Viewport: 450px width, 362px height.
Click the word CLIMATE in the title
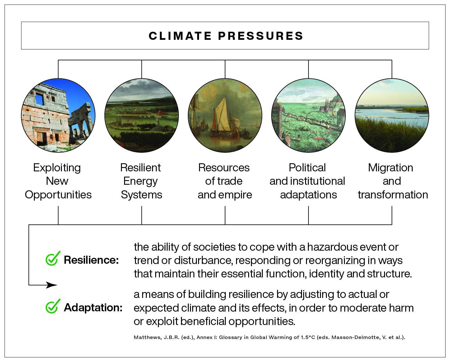coord(180,36)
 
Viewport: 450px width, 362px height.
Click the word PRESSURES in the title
coord(261,36)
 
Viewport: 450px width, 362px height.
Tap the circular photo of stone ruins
coord(58,115)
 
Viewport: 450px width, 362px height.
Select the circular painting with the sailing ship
coord(225,115)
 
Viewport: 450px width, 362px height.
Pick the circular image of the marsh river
coord(392,115)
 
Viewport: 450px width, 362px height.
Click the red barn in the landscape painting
coord(160,113)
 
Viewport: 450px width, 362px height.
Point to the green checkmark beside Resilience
coord(53,258)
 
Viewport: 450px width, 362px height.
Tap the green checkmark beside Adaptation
coord(53,306)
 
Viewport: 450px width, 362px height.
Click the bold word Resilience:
coord(91,260)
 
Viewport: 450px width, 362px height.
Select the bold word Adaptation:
coord(93,308)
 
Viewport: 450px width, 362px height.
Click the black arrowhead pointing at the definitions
coord(51,285)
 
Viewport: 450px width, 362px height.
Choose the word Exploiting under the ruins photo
coord(57,168)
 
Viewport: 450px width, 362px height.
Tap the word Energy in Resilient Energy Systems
coord(140,181)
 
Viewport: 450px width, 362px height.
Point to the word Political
coord(307,168)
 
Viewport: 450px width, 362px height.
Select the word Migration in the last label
coord(391,168)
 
